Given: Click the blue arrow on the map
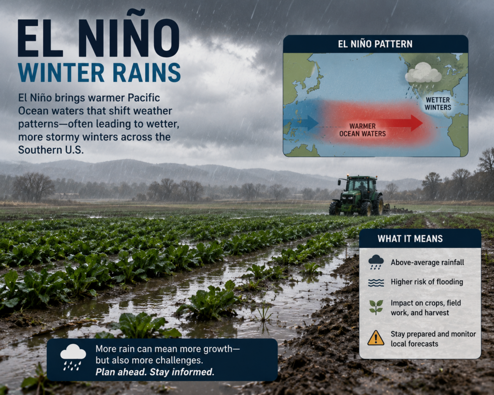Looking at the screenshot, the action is [301, 123].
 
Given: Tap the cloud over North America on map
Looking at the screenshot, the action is [423, 73].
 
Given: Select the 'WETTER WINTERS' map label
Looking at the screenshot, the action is [438, 104].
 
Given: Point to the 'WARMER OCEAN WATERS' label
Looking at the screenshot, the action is [362, 130].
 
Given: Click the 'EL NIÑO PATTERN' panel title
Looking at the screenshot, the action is [375, 44].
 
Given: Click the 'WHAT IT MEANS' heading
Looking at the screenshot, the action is [410, 239].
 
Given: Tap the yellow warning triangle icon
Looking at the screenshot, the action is [375, 338].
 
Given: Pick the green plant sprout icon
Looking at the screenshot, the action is [376, 307].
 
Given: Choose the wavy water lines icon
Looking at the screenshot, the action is [376, 283].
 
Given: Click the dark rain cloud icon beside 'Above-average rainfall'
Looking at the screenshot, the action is [376, 262].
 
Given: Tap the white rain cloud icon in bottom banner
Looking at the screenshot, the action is [73, 357].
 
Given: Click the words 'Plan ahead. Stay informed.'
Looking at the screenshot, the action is [155, 372].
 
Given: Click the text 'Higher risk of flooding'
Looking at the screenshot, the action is [427, 282].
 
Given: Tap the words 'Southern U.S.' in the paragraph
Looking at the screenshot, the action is [51, 150].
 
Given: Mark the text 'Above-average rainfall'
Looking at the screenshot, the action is [427, 262].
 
